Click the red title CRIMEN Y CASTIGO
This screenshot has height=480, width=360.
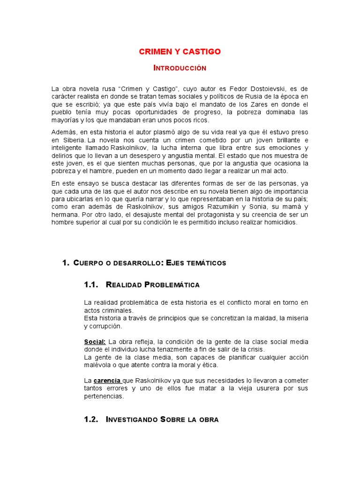180,52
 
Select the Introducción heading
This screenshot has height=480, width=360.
180,68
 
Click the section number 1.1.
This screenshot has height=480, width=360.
91,285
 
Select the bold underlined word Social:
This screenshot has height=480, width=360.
95,342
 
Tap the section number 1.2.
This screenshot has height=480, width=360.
91,420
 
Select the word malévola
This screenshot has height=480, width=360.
98,365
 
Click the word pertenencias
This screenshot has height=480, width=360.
104,396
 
